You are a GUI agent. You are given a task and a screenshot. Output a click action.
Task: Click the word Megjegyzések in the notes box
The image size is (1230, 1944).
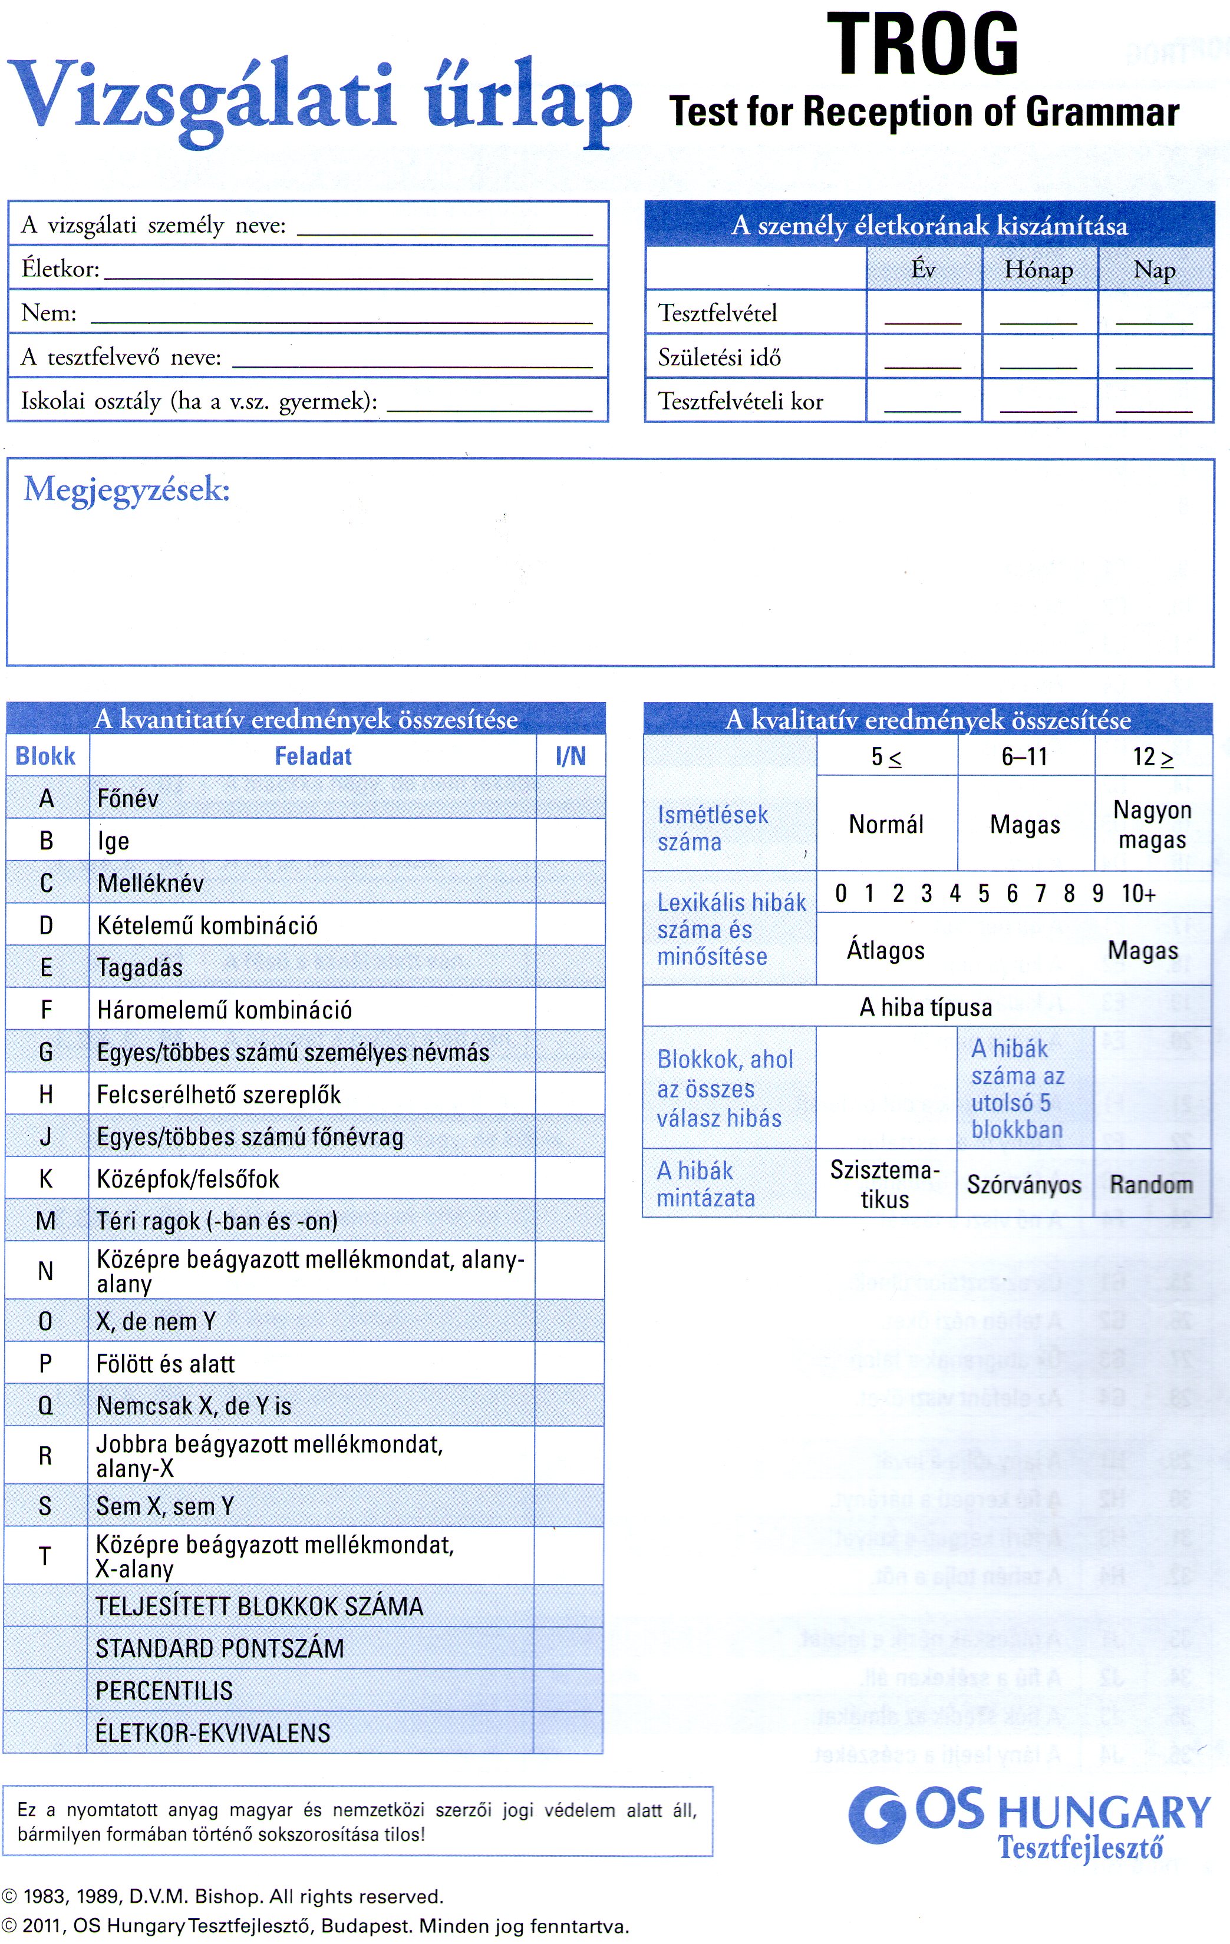(127, 489)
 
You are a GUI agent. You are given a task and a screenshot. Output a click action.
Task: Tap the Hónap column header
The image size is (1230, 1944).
(1038, 270)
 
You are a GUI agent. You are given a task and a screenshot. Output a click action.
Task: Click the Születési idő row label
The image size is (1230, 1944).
(719, 357)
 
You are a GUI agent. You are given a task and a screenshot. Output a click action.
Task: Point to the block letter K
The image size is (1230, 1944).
(46, 1179)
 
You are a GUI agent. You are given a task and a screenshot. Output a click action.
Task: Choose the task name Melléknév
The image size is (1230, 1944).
(150, 883)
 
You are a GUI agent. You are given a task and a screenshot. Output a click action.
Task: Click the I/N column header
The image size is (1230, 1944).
(570, 756)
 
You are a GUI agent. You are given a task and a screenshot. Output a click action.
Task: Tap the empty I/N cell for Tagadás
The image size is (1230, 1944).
(570, 967)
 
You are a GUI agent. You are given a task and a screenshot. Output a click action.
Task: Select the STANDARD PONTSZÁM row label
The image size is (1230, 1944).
(220, 1648)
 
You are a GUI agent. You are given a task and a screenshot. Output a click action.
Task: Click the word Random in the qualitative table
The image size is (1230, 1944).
(1151, 1184)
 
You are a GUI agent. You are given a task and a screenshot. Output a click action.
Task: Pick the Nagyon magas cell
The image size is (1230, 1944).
(1152, 824)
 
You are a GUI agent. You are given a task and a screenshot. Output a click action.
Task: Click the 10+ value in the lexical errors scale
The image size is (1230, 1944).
(1138, 894)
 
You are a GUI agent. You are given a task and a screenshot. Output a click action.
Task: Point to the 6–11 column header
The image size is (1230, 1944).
(1024, 757)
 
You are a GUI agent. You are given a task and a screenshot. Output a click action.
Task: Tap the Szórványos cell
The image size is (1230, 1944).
(1024, 1184)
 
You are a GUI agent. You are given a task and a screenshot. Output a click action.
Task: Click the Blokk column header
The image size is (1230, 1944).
(45, 756)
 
